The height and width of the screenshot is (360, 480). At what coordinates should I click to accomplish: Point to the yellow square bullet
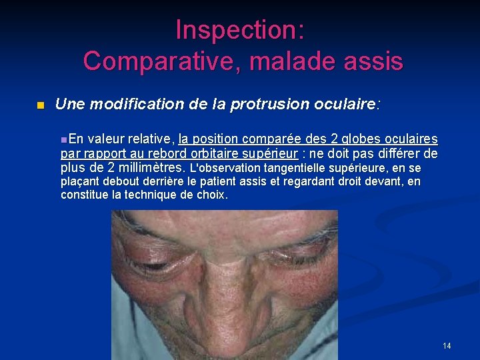tap(40, 105)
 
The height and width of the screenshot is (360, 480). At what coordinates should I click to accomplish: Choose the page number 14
tap(446, 345)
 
